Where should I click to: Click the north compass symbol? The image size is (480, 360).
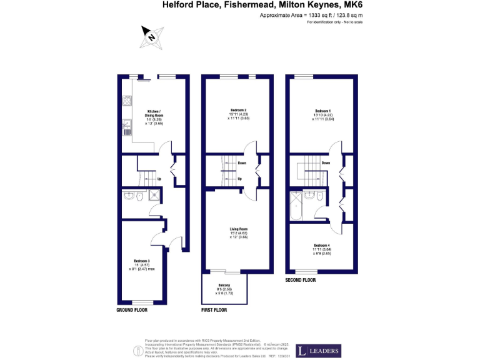(x=152, y=36)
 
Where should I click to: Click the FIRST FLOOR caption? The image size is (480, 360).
(x=214, y=310)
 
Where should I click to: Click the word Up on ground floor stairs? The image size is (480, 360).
(x=159, y=179)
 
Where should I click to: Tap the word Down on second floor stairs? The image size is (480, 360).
(x=325, y=163)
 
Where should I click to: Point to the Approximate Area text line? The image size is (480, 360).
(x=310, y=14)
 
